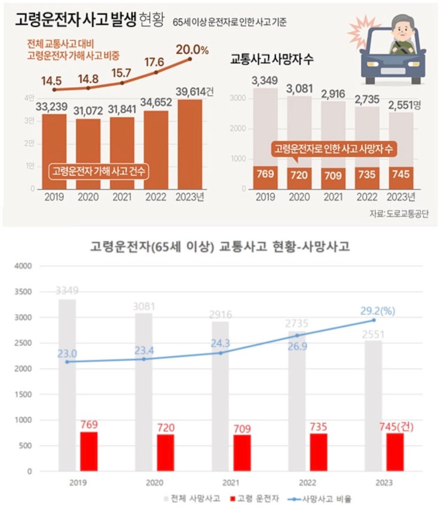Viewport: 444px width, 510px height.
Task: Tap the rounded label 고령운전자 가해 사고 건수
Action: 99,171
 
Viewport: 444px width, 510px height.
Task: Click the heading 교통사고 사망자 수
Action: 272,60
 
